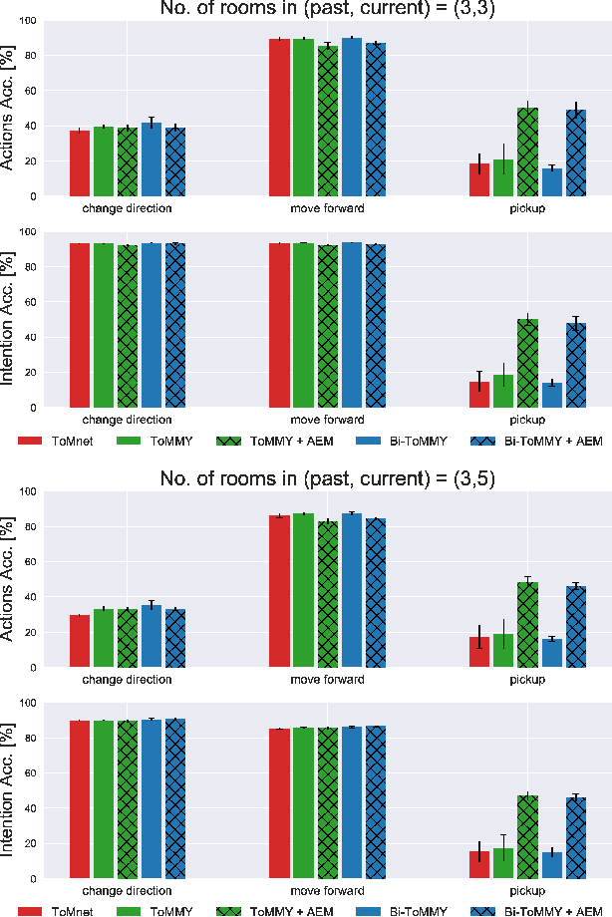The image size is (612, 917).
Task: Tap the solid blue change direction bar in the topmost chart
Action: coord(151,159)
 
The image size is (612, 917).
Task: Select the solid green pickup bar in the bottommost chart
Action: coord(504,863)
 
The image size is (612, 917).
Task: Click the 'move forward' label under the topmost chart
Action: coord(327,209)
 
